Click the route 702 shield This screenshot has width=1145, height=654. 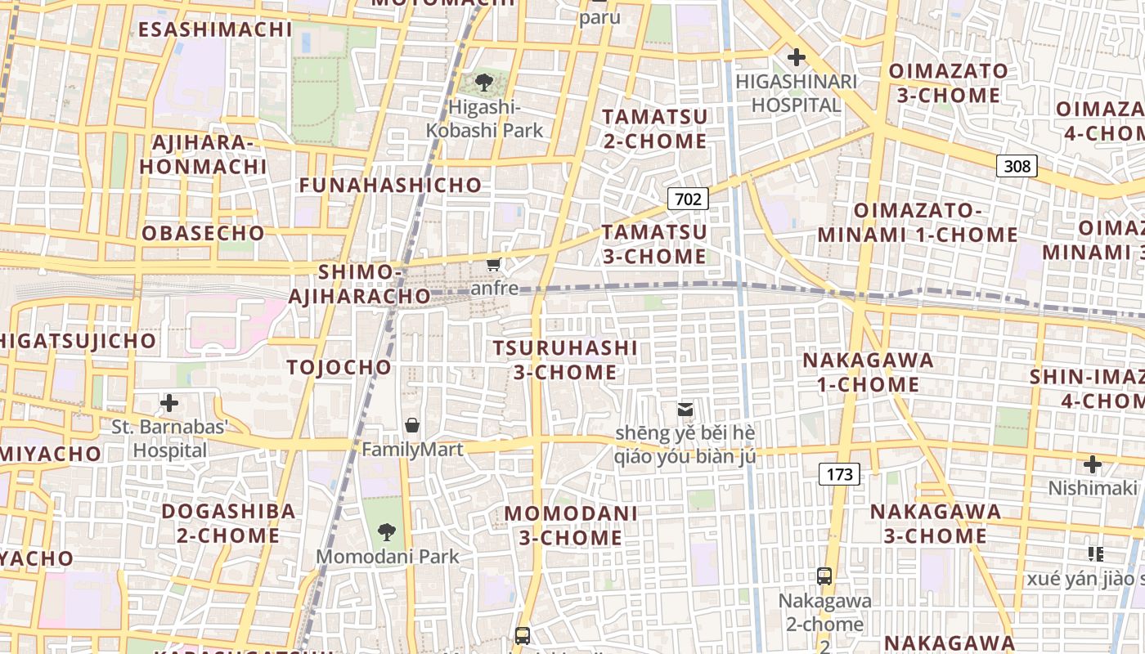click(688, 198)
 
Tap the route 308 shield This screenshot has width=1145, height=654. click(1017, 166)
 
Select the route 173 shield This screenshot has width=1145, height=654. click(839, 473)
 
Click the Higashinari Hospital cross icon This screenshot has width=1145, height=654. click(796, 57)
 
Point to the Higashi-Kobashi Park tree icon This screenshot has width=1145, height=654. click(484, 82)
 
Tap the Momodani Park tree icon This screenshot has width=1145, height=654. click(387, 532)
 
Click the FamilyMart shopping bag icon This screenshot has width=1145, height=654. click(412, 425)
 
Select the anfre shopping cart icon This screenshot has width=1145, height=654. click(493, 264)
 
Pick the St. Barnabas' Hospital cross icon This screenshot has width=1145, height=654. click(169, 403)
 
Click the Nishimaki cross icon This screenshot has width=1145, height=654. click(1093, 465)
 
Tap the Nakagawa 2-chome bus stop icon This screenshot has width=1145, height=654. click(824, 576)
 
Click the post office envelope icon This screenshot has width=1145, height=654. click(685, 409)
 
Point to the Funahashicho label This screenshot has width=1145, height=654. click(390, 185)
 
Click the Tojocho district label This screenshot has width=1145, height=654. click(339, 367)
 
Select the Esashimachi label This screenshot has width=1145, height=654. click(215, 29)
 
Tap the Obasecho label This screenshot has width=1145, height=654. click(204, 233)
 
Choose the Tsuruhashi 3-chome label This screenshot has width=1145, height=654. click(565, 360)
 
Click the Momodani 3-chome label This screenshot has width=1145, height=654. click(571, 525)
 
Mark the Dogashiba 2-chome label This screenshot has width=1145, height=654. click(228, 523)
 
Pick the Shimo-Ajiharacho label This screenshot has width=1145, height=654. click(347, 283)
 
